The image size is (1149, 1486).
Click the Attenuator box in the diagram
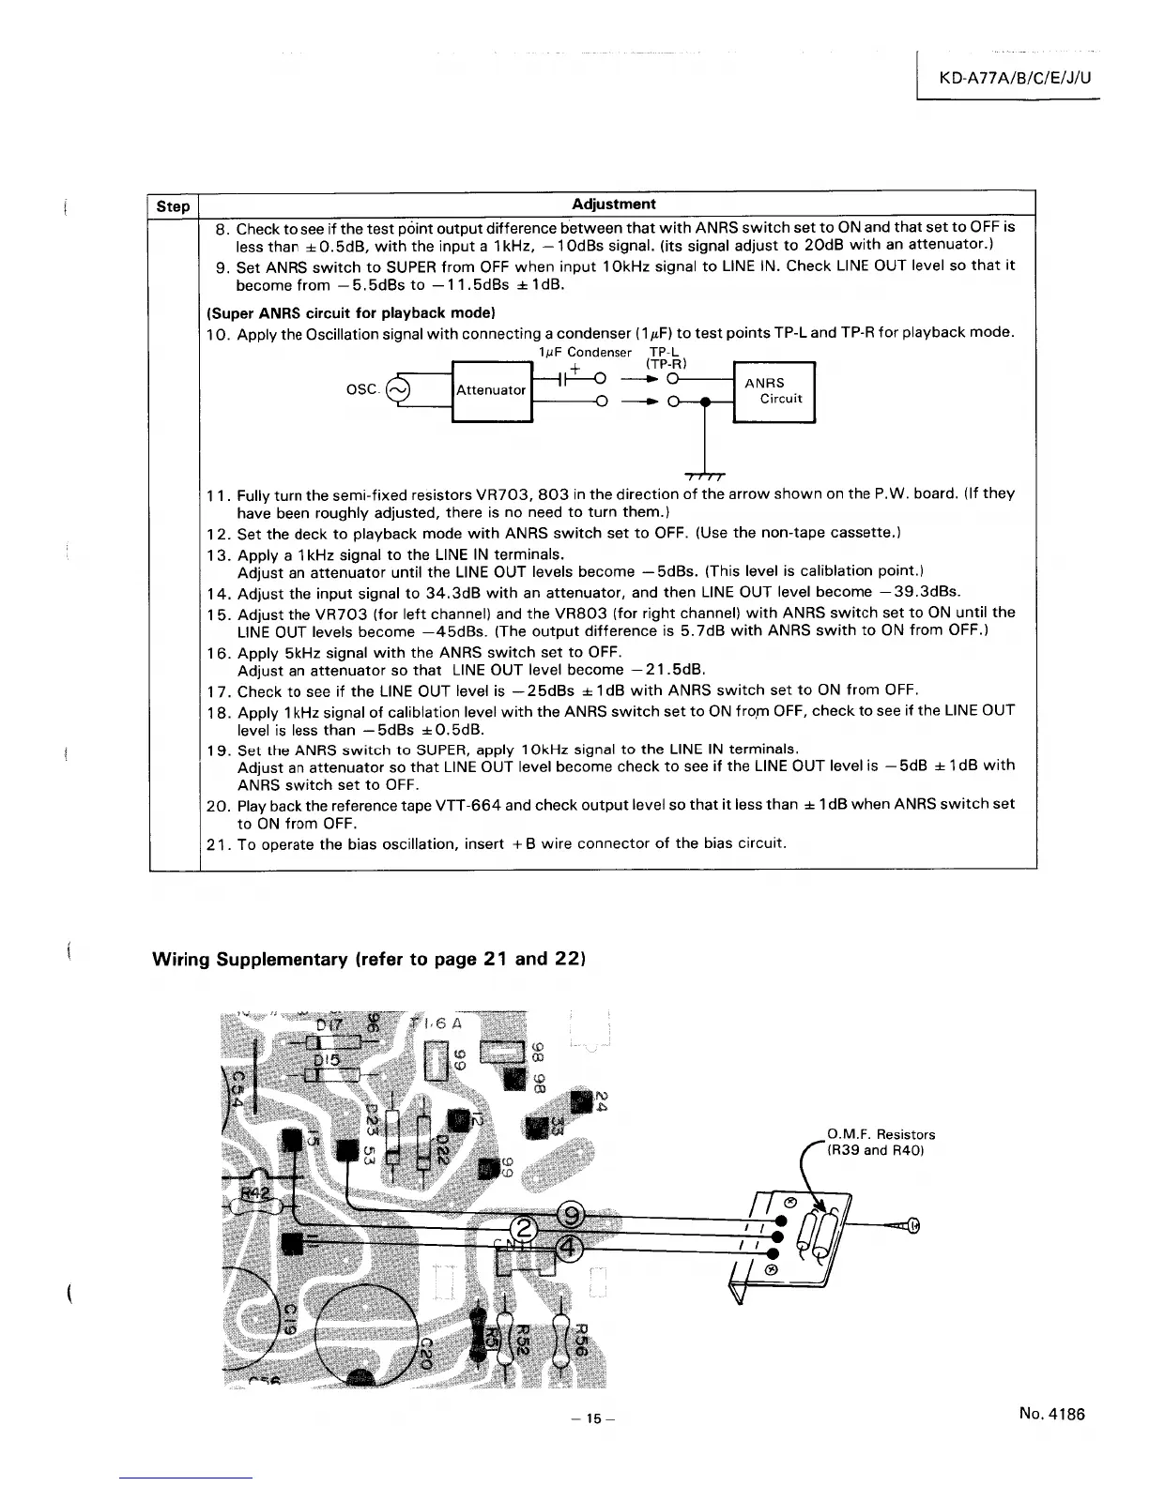click(x=491, y=389)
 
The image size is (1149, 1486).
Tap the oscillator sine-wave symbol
click(x=398, y=389)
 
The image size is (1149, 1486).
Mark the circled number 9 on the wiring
click(x=571, y=1215)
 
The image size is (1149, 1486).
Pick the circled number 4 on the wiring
click(x=571, y=1247)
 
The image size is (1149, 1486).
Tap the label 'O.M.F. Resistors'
click(x=881, y=1134)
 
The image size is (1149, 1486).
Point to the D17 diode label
click(x=329, y=1025)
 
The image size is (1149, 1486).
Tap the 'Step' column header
click(x=173, y=205)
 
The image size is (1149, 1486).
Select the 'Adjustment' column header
click(x=613, y=204)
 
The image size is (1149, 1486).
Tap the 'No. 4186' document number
click(x=1050, y=1414)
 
